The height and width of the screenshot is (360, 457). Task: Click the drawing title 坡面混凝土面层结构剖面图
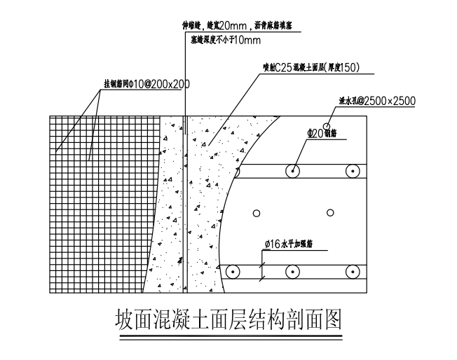228,321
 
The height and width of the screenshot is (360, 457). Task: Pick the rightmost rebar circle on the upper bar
351,170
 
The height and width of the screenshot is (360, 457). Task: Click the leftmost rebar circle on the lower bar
232,270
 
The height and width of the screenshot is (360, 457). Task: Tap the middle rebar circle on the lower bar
290,270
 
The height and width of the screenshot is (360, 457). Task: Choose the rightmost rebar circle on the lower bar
351,270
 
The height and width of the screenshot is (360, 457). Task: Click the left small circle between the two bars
257,213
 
